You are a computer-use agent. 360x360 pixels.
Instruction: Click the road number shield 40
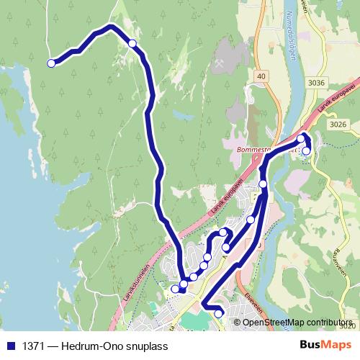[260, 76]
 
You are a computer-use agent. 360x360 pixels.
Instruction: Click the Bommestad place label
[252, 150]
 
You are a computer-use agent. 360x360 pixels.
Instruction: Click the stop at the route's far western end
[51, 64]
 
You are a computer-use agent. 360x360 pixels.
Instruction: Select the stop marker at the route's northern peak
[132, 44]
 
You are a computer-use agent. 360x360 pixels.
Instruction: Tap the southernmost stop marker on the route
[218, 314]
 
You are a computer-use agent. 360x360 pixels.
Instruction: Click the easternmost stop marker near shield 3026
[306, 150]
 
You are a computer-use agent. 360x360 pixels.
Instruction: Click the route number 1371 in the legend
[32, 346]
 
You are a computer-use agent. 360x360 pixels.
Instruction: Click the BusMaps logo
[320, 345]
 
